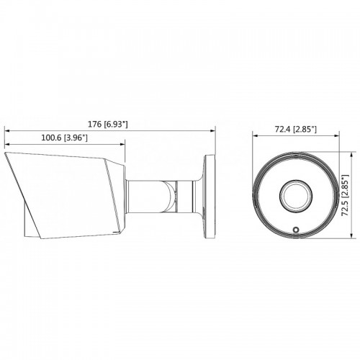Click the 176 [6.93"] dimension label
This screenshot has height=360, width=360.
108,125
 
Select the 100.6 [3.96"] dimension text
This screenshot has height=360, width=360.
64,138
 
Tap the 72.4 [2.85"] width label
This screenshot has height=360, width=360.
296,130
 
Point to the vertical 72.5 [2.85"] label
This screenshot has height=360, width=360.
345,195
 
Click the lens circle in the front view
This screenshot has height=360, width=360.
296,195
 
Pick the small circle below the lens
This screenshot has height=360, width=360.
296,230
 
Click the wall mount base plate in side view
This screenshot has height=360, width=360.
210,197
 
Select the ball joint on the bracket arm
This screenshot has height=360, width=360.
170,197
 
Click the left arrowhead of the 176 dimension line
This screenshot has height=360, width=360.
7,131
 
